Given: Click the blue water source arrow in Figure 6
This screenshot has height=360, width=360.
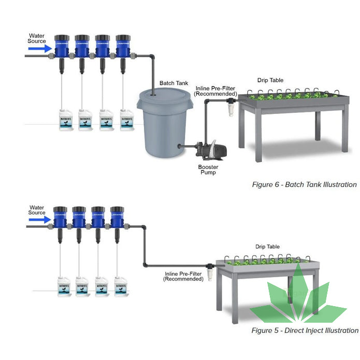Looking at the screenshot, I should (x=39, y=48).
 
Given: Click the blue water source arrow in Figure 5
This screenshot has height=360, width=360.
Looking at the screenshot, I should (x=39, y=220).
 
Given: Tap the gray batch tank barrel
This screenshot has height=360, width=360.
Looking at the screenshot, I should (x=164, y=124).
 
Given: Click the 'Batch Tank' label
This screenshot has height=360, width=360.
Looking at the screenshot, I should (x=174, y=83).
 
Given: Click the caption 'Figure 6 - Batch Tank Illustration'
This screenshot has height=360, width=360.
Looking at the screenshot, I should (x=304, y=184).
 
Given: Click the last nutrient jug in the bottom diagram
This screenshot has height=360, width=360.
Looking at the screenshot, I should (x=122, y=287).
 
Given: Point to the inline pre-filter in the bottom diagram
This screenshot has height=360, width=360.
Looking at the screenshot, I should (x=210, y=272).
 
